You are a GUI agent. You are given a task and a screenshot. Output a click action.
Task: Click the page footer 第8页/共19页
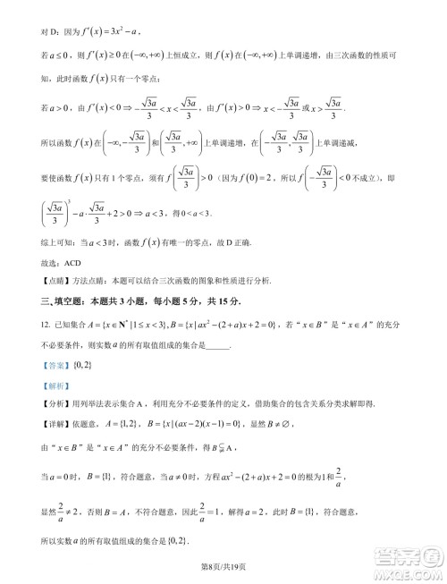pos(223,563)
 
